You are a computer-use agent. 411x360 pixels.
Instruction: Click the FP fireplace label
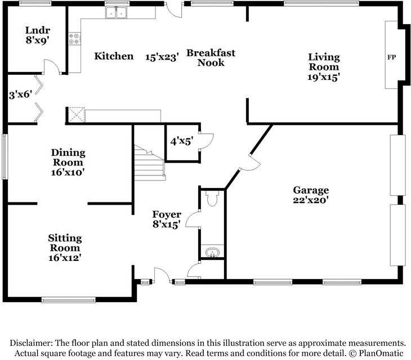(392, 57)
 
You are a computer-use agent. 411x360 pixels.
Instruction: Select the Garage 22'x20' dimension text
(310, 200)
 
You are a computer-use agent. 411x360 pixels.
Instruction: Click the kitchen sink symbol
(118, 12)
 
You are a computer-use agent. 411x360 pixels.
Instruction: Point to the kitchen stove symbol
(74, 38)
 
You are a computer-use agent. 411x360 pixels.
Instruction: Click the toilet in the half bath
(212, 199)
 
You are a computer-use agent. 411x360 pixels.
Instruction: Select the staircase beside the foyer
(149, 163)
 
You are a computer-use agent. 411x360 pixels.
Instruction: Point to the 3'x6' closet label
(20, 96)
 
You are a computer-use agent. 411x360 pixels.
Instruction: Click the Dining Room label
(68, 157)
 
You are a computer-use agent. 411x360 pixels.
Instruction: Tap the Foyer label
(167, 214)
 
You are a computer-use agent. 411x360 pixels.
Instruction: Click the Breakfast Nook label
(211, 57)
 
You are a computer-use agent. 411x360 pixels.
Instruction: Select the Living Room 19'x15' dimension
(324, 77)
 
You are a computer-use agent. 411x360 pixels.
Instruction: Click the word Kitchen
(114, 56)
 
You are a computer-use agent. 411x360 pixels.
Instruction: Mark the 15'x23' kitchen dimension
(162, 57)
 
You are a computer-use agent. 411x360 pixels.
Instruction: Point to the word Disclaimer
(31, 343)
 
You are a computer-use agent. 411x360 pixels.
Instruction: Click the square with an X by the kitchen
(75, 115)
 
